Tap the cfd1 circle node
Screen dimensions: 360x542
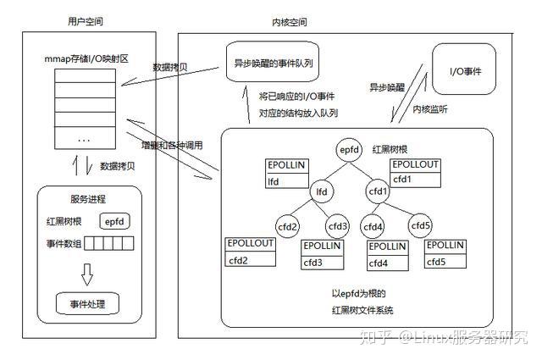pyautogui.click(x=378, y=192)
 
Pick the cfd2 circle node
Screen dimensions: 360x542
pyautogui.click(x=288, y=226)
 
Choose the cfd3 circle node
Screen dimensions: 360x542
pyautogui.click(x=337, y=226)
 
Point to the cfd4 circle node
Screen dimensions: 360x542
pyautogui.click(x=373, y=226)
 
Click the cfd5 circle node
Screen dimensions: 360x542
pyautogui.click(x=421, y=226)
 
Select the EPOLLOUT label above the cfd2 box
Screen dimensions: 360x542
pyautogui.click(x=250, y=244)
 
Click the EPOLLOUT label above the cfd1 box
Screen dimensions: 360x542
pyautogui.click(x=415, y=163)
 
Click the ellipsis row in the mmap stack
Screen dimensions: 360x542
pyautogui.click(x=85, y=138)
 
